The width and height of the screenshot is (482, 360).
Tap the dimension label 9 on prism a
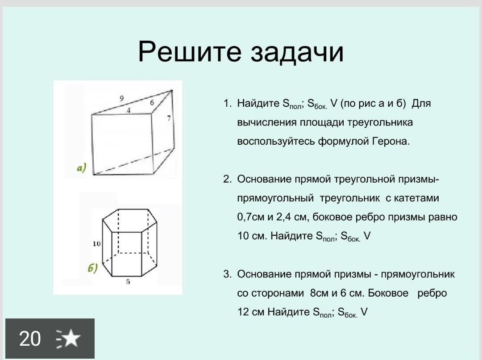point(122,98)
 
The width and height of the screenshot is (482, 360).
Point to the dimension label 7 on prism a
point(169,118)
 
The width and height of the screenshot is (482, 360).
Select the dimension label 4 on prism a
point(129,110)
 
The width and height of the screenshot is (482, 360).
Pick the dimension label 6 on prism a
point(152,102)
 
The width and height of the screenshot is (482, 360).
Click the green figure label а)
point(82,168)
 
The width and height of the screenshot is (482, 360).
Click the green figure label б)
point(92,268)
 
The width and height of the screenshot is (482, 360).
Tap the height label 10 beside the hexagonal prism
point(96,244)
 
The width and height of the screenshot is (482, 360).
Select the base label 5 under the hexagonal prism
point(128,281)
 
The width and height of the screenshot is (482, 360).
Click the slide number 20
point(30,339)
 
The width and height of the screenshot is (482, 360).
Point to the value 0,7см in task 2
point(250,217)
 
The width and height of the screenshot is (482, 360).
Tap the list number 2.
point(227,179)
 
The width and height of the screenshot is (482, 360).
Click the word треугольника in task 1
point(380,123)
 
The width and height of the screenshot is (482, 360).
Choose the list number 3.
point(227,274)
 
